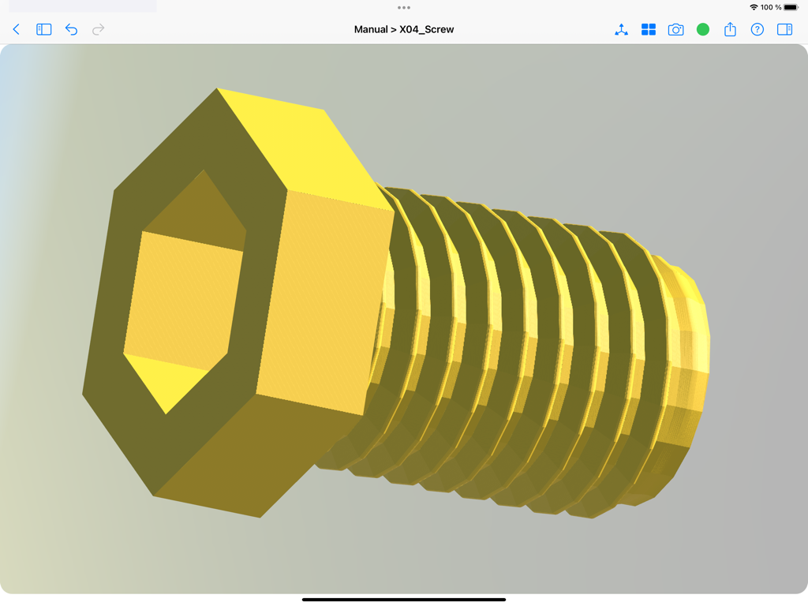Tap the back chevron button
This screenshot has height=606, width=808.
pos(16,29)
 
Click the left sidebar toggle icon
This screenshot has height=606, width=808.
pos(44,29)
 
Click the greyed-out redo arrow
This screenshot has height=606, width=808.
pos(99,29)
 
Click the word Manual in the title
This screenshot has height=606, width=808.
pos(371,29)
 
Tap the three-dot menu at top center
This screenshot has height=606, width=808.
pos(404,8)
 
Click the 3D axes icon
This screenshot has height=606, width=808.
pos(621,29)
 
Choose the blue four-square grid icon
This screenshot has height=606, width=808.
pos(649,29)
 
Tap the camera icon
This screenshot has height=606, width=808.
pos(675,29)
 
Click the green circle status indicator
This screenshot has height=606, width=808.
pos(703,29)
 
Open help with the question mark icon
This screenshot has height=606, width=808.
pos(757,29)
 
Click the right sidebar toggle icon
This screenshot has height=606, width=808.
pos(784,29)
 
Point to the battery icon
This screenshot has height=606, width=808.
pos(791,7)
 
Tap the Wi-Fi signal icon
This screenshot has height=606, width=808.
pos(754,7)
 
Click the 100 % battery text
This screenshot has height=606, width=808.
pos(771,7)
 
